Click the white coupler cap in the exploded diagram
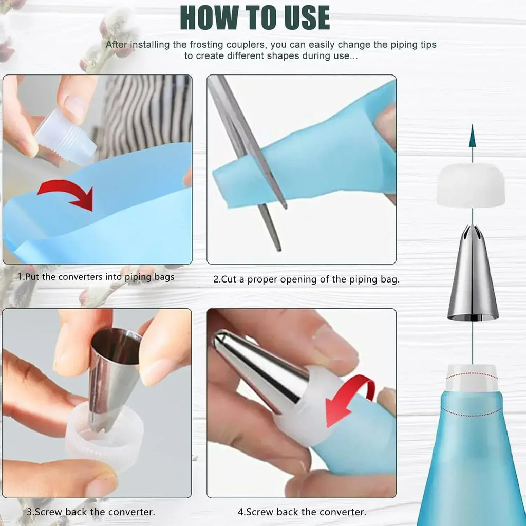click(471, 186)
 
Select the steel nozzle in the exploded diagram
click(473, 277)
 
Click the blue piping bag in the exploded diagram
click(470, 462)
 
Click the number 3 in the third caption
click(29, 512)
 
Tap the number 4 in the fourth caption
click(240, 512)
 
